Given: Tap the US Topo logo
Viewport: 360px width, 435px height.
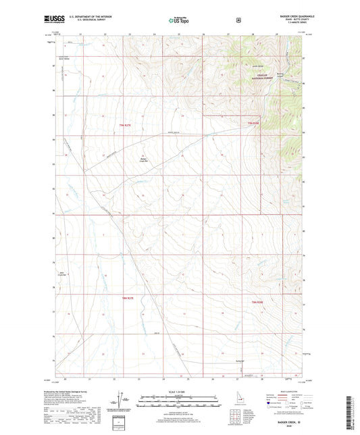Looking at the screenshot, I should [179, 21].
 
